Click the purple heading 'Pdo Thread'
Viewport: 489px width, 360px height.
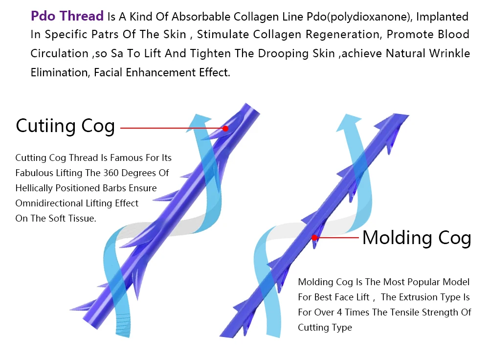click(x=67, y=16)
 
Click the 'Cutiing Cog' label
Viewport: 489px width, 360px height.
click(x=65, y=126)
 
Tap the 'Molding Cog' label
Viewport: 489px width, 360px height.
click(x=417, y=238)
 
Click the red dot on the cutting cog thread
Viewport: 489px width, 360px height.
click(x=225, y=129)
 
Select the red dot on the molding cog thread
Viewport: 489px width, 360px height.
click(x=314, y=238)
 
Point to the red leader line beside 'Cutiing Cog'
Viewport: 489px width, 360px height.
click(x=171, y=129)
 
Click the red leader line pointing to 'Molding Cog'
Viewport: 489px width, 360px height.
click(x=337, y=238)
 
